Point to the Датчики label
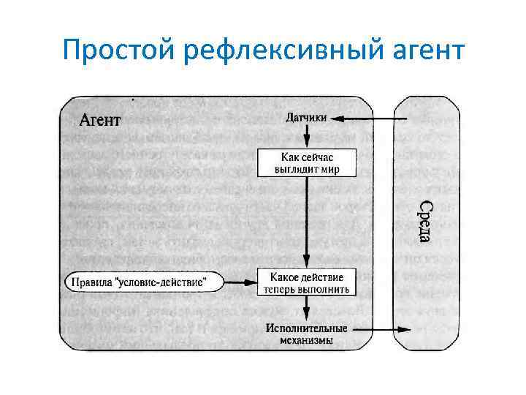coord(307,118)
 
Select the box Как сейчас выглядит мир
coord(307,163)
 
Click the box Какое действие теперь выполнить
coord(307,282)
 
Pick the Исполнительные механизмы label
coord(307,334)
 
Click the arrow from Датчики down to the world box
coord(307,136)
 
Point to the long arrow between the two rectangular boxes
coord(307,223)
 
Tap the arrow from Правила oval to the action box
coord(237,281)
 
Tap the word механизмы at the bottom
coord(307,340)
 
